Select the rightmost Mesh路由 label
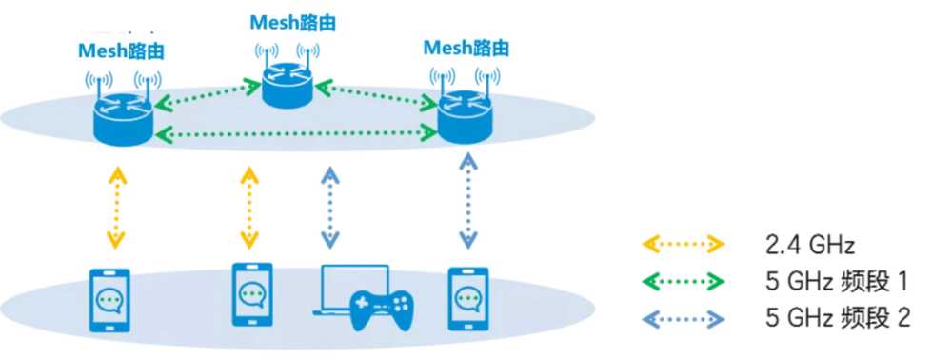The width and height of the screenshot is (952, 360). coord(466,48)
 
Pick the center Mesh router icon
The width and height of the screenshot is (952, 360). coord(288,85)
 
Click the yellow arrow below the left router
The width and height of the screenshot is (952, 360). coord(117,207)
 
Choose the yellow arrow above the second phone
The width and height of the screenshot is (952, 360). coord(249,207)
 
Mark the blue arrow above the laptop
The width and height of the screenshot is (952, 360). coord(330,207)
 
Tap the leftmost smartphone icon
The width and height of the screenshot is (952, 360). coord(109,299)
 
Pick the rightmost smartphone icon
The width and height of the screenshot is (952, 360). coord(468,298)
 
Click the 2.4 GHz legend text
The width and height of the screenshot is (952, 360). coord(811,246)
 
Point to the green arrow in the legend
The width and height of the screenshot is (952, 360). coord(683,282)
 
